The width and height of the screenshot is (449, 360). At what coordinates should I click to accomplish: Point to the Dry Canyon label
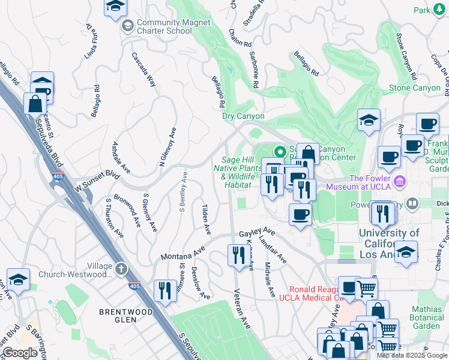[x=243, y=116]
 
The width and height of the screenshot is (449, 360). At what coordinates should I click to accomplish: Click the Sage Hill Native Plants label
[x=237, y=172]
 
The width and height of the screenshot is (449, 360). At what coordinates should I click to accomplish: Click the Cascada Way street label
[x=144, y=70]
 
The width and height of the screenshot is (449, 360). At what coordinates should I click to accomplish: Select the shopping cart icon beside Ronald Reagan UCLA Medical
[x=366, y=288]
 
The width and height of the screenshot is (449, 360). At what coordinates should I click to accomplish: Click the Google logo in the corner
[x=20, y=353]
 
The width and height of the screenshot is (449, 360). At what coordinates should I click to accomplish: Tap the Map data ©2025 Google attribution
[x=412, y=355]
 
